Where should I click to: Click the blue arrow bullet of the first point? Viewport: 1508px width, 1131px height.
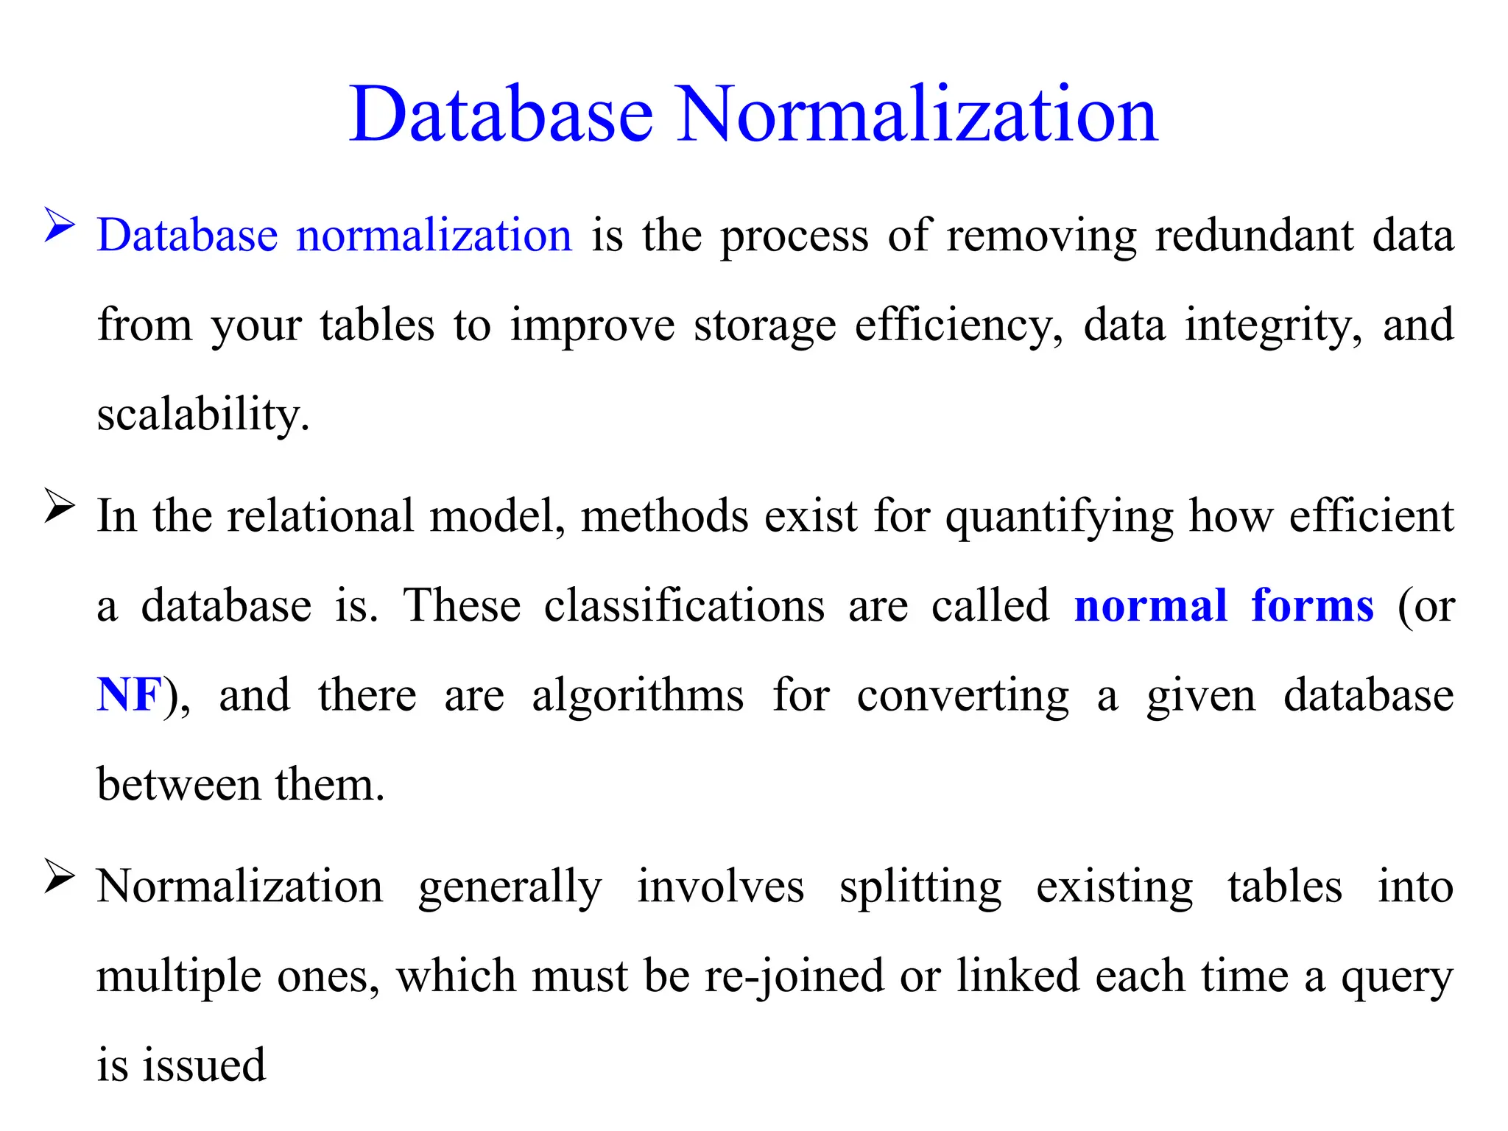coord(60,225)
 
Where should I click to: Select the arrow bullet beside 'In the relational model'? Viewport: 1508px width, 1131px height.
coord(60,506)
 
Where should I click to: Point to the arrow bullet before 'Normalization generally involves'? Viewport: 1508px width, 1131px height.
coord(60,875)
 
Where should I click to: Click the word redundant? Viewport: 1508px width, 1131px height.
coord(1254,236)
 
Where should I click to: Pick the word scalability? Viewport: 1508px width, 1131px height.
coord(203,415)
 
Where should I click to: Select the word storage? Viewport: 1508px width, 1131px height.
coord(765,325)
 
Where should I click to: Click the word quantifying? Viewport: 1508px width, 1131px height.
coord(1060,516)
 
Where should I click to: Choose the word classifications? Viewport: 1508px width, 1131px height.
coord(684,606)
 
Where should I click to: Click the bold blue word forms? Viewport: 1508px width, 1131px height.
coord(1312,606)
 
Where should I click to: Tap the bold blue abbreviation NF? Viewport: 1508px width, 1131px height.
coord(129,694)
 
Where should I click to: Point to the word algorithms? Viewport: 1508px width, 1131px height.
coord(638,694)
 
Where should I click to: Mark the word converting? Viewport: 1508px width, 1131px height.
coord(963,694)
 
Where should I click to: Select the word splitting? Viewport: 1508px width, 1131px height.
coord(920,887)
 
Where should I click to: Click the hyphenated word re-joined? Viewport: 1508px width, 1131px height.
coord(794,976)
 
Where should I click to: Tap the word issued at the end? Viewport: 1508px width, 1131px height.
coord(204,1065)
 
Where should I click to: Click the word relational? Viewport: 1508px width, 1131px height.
coord(320,516)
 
